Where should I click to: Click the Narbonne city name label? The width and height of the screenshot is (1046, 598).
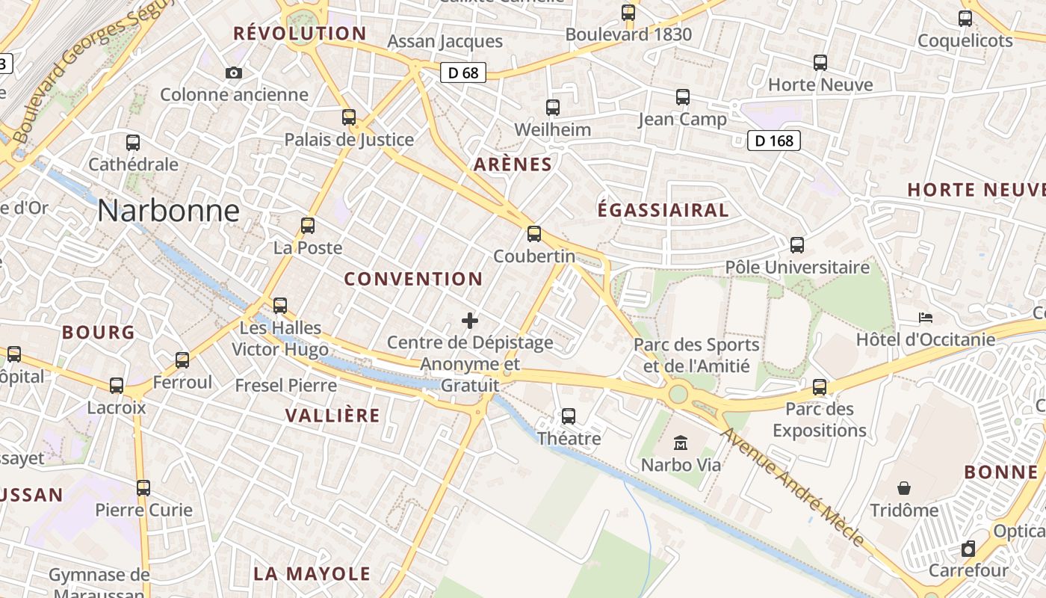click(168, 212)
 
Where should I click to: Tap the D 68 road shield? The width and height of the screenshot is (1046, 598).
click(463, 73)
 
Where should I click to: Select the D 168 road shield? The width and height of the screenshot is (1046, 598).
click(774, 141)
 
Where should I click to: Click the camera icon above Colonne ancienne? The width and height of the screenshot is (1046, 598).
click(234, 73)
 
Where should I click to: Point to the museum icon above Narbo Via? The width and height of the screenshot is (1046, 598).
click(681, 443)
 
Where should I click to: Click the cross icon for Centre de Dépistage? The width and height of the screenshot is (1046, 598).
click(470, 321)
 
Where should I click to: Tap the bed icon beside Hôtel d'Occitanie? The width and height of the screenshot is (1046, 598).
click(926, 318)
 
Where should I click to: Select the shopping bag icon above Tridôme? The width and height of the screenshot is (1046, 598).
click(904, 488)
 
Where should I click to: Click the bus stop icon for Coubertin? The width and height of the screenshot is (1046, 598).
click(534, 234)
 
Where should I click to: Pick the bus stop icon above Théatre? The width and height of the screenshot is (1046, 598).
click(569, 416)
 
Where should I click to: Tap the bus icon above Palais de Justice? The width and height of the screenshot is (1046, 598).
click(349, 117)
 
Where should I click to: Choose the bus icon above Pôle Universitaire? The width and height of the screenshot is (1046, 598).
click(797, 245)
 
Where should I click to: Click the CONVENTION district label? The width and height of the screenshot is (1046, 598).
click(413, 280)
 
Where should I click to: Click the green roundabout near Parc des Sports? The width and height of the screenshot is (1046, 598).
click(678, 393)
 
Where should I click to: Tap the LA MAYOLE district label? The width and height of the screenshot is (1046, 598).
click(312, 574)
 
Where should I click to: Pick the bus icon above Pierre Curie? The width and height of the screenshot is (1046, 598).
click(143, 488)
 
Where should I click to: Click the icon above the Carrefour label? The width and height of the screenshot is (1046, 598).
click(968, 549)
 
